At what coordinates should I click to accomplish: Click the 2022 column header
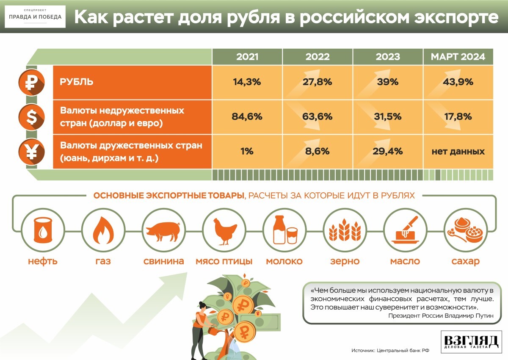pyautogui.click(x=317, y=57)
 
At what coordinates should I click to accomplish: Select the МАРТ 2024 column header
pyautogui.click(x=458, y=57)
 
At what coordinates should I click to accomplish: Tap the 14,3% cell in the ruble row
pyautogui.click(x=247, y=82)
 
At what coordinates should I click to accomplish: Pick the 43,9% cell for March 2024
pyautogui.click(x=458, y=82)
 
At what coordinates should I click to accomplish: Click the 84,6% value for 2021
pyautogui.click(x=247, y=117)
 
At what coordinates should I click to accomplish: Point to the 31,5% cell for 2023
pyautogui.click(x=388, y=117)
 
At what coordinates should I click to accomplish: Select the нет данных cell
pyautogui.click(x=458, y=152)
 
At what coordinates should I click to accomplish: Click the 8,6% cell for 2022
pyautogui.click(x=317, y=152)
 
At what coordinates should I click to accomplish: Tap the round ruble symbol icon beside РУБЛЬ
pyautogui.click(x=31, y=82)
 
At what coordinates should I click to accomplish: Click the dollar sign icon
pyautogui.click(x=31, y=117)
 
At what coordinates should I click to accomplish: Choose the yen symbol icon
pyautogui.click(x=31, y=152)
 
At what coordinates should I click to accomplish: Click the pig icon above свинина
pyautogui.click(x=163, y=231)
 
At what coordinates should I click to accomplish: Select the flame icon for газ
pyautogui.click(x=103, y=230)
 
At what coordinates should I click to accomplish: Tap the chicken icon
pyautogui.click(x=224, y=232)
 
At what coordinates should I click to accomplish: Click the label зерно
pyautogui.click(x=345, y=261)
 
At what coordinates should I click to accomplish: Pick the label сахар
pyautogui.click(x=465, y=261)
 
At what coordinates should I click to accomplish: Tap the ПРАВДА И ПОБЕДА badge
pyautogui.click(x=35, y=17)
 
